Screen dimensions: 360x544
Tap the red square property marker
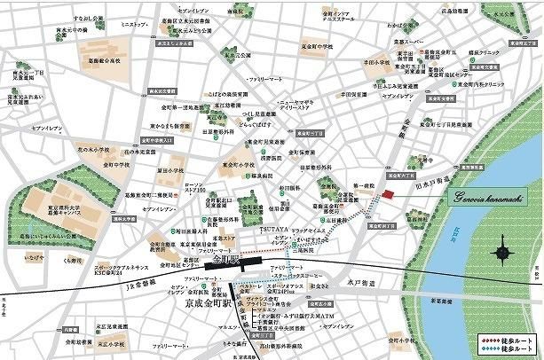pos(386,195)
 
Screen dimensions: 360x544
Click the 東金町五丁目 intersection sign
pos(308,131)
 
